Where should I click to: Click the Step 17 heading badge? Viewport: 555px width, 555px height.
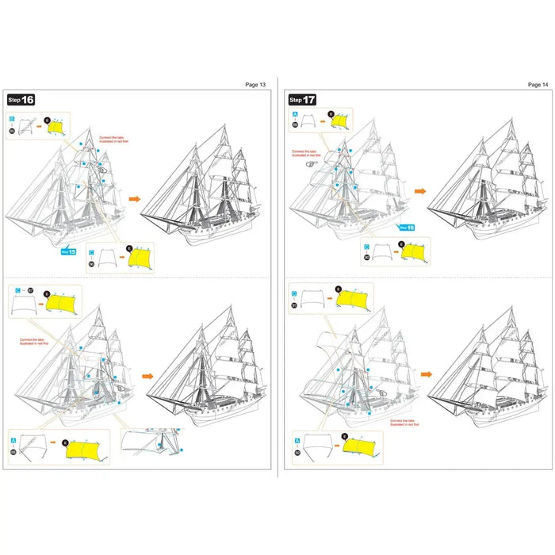point(302,100)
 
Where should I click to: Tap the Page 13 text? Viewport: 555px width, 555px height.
point(256,84)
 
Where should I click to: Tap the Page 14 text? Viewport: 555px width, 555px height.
point(538,84)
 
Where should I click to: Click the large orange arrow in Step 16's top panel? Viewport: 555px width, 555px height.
point(133,200)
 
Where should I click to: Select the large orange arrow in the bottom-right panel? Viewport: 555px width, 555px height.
point(427,373)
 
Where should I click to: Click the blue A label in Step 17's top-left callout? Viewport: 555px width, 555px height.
point(296,114)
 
